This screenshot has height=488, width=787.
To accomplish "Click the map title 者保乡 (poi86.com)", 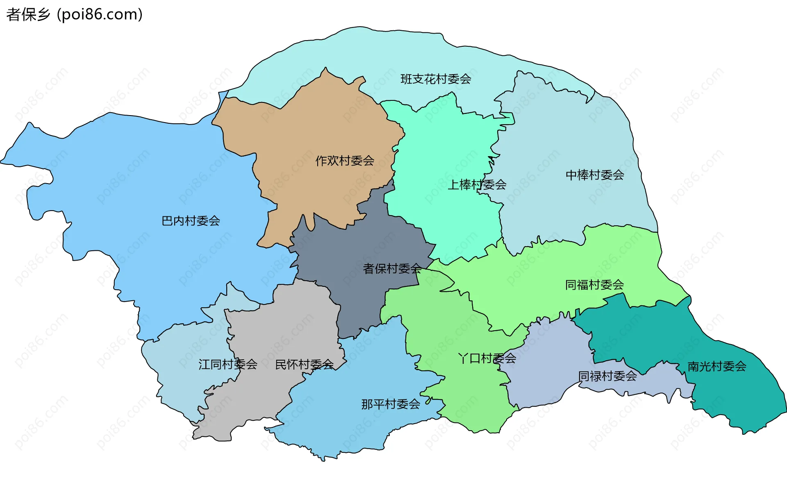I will (x=75, y=15).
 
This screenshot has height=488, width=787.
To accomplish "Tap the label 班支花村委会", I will (x=436, y=79).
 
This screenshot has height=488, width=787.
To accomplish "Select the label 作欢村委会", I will (x=345, y=161).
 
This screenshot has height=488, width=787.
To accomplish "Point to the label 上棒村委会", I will (x=477, y=185).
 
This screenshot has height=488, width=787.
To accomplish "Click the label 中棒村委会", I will (x=595, y=175).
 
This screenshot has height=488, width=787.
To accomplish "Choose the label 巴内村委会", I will (x=191, y=221).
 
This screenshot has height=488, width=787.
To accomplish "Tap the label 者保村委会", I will (x=392, y=269).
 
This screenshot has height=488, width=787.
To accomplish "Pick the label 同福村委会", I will (x=594, y=285).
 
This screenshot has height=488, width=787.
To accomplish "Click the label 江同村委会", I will (x=227, y=364).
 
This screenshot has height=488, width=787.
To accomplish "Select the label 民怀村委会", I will (x=304, y=364).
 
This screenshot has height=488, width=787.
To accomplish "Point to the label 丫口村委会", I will (x=487, y=359).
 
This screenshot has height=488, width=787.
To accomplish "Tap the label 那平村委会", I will (x=391, y=404).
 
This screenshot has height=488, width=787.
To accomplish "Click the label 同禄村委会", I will (x=607, y=376).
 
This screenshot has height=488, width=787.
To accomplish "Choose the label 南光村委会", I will (x=716, y=366).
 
